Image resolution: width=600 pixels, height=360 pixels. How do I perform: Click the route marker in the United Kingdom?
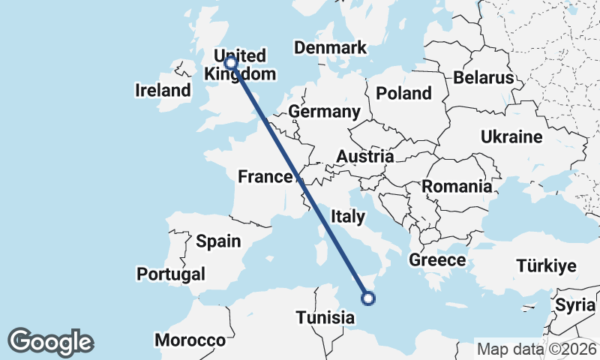pyautogui.click(x=231, y=64)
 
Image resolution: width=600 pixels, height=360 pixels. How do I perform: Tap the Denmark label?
pyautogui.click(x=330, y=48)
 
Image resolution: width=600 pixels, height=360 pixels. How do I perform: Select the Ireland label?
pyautogui.click(x=163, y=91)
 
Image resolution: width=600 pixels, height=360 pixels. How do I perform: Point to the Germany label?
pyautogui.click(x=324, y=112)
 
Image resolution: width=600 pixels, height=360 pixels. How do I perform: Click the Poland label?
pyautogui.click(x=404, y=93)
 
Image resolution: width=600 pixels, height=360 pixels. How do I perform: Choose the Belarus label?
pyautogui.click(x=483, y=77)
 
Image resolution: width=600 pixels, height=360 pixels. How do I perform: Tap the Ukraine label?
pyautogui.click(x=511, y=137)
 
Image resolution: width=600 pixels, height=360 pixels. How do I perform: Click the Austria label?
pyautogui.click(x=364, y=157)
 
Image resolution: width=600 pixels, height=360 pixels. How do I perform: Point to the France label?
pyautogui.click(x=264, y=177)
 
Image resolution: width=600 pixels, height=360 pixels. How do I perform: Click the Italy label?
pyautogui.click(x=347, y=217)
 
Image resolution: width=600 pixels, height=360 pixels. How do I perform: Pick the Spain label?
pyautogui.click(x=218, y=241)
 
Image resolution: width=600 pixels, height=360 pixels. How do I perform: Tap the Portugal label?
pyautogui.click(x=171, y=274)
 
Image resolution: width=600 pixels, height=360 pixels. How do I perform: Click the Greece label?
pyautogui.click(x=437, y=260)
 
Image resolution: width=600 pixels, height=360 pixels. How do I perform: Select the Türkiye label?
pyautogui.click(x=545, y=266)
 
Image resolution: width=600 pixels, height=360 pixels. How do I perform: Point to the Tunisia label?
pyautogui.click(x=325, y=317)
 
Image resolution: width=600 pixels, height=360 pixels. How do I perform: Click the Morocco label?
pyautogui.click(x=190, y=340)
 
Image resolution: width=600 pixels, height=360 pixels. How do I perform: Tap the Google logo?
pyautogui.click(x=50, y=342)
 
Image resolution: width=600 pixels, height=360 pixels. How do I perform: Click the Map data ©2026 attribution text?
pyautogui.click(x=535, y=349)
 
